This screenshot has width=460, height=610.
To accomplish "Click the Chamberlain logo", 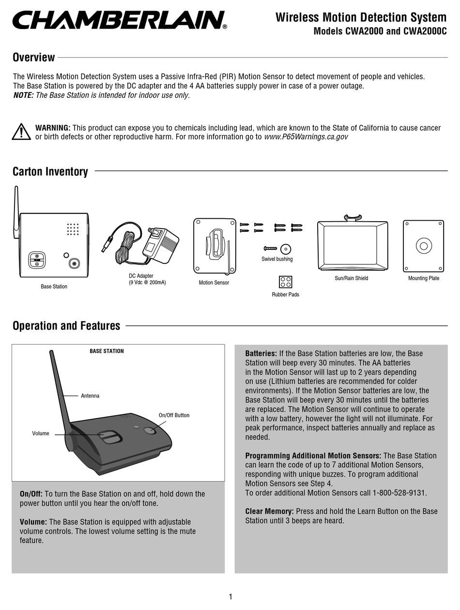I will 119,20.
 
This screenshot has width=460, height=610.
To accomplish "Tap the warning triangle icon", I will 21,132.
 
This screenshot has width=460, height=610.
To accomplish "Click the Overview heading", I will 33,58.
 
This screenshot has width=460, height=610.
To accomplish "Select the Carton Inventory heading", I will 50,172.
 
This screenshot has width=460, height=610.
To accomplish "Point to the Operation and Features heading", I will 66,326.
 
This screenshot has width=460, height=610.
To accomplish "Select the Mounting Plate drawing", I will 423,246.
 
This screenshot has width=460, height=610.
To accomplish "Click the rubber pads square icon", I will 285,282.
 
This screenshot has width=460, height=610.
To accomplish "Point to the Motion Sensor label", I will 214,283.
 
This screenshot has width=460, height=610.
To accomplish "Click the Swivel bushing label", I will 277,259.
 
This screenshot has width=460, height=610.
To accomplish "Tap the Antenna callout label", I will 90,396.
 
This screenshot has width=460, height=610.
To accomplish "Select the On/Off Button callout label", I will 174,415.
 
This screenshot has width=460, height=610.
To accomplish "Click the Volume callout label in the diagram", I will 41,433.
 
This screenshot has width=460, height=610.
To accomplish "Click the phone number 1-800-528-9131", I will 399,493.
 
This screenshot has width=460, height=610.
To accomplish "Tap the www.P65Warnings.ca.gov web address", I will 306,137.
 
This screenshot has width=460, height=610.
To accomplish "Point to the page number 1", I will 231,596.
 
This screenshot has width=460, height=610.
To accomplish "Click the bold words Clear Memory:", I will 269,511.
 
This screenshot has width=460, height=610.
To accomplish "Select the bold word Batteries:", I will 261,353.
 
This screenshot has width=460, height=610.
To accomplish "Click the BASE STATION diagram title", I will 107,351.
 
